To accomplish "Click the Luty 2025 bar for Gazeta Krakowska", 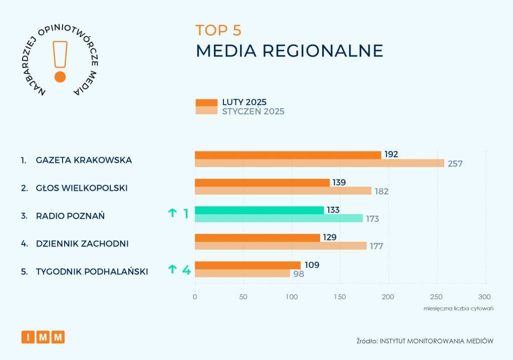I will coord(288,155).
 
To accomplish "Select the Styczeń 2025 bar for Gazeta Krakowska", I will coord(319,163).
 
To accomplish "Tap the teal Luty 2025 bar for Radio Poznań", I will coord(259,210).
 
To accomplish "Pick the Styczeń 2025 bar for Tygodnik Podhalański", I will coord(242,273).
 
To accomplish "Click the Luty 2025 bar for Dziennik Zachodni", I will coord(257,238).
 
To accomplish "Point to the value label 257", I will coord(455,164).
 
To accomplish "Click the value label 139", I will coord(339,182).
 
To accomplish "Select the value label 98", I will coord(299,274).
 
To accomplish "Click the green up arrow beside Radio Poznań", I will coord(172,213).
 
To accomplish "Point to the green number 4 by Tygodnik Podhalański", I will coord(186,270).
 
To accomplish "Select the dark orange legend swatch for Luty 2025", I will coord(206,103).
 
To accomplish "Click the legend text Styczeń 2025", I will coord(253,111).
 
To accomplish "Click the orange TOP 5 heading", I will coord(218,31).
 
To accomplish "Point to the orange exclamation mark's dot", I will coord(60,77).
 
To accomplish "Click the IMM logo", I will coord(43,337).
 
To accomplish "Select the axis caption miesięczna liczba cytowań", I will coord(458,308).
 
